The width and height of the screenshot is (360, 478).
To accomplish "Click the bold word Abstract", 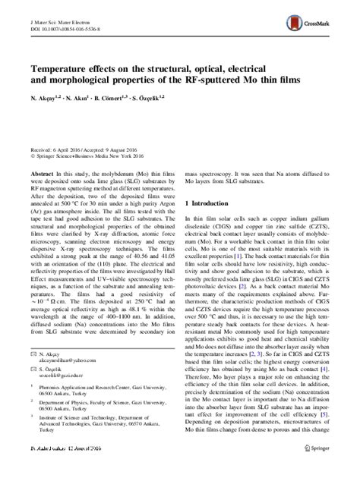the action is click(x=41, y=175).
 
